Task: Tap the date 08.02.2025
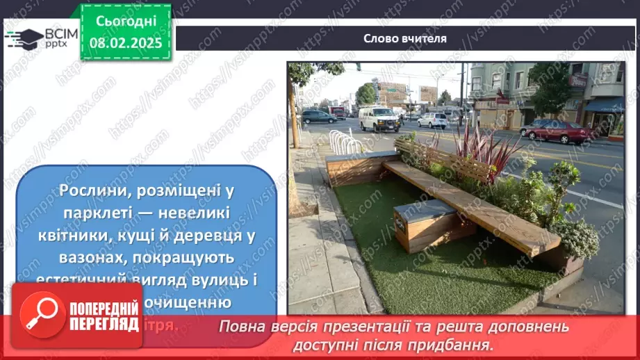[x=126, y=43]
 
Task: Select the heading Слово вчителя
[x=404, y=38]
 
